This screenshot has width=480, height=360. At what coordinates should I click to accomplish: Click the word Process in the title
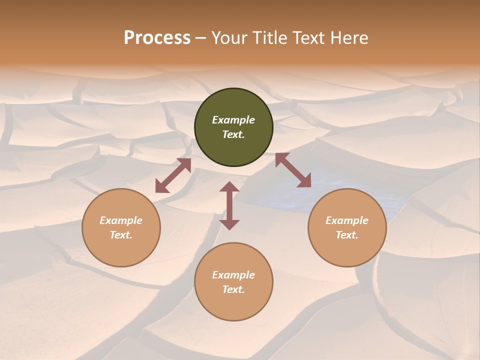click(x=157, y=37)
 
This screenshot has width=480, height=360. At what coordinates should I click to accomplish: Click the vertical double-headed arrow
click(x=229, y=205)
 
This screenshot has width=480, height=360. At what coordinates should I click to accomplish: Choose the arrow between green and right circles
click(x=293, y=170)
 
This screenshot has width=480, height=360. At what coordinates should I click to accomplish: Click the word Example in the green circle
click(x=233, y=120)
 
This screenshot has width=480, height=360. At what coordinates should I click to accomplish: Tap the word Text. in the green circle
click(x=233, y=134)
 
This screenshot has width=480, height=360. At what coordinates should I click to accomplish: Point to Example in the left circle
click(x=121, y=220)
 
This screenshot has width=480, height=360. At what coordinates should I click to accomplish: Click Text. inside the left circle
click(x=121, y=235)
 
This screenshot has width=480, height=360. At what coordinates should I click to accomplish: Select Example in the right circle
click(x=347, y=220)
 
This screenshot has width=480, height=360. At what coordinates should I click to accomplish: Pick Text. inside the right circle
click(x=347, y=235)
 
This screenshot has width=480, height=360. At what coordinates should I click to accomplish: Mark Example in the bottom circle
click(x=233, y=275)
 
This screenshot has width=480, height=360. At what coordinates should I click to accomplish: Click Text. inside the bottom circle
click(x=233, y=289)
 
